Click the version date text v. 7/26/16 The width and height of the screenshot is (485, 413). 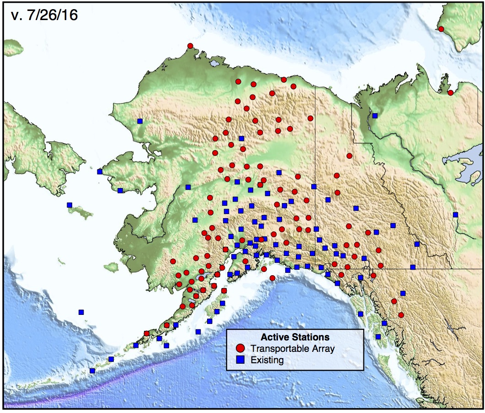[44, 15]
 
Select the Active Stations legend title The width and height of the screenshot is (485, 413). [295, 337]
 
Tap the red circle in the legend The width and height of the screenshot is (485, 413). [240, 348]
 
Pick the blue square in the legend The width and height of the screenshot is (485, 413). [240, 360]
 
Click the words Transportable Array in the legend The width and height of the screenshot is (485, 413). [293, 349]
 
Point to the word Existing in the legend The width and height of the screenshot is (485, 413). [267, 360]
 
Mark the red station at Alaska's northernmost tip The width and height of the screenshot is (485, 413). [190, 46]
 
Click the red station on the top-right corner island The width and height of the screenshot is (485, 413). [441, 29]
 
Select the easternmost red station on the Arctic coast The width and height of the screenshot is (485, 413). [451, 93]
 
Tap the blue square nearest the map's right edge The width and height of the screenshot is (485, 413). [455, 214]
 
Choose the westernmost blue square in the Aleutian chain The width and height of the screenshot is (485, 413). [92, 371]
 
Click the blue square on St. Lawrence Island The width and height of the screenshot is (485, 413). [69, 205]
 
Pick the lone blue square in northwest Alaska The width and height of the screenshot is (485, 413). [140, 121]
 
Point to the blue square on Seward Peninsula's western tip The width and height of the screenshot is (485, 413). [100, 172]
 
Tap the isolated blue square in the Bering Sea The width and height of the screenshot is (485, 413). [81, 312]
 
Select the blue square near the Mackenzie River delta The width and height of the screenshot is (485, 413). [375, 115]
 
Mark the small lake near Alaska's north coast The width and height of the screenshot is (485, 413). [214, 64]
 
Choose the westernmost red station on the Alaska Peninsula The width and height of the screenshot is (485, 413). [147, 333]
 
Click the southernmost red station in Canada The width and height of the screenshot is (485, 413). [401, 315]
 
